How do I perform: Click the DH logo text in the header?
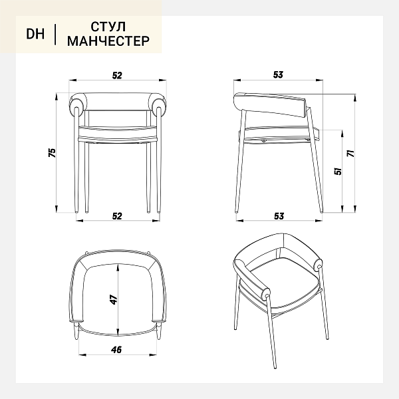point(35,34)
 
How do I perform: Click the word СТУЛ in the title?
point(108,27)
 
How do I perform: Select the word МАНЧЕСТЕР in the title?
point(108,41)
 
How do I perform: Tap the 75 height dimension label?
point(52,152)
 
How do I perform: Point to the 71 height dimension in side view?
point(351,154)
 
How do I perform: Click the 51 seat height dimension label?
point(338,171)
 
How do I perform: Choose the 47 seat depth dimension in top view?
point(114,299)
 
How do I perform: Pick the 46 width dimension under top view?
point(116,350)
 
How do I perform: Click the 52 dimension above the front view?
point(117,75)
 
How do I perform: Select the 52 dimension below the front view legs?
point(117,216)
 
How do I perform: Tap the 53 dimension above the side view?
point(278,74)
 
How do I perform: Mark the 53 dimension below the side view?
point(279,216)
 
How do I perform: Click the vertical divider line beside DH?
point(55,35)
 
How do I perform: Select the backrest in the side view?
point(270,105)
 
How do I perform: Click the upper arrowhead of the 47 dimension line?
point(118,268)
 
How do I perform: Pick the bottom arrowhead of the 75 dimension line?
point(57,209)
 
